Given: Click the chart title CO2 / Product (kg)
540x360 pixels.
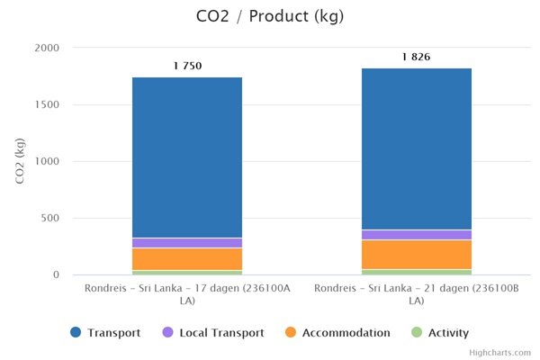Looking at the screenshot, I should point(269,16).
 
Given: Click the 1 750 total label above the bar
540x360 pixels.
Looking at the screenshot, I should point(187,66).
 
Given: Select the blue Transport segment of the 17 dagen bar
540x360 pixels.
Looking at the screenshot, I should point(187,157).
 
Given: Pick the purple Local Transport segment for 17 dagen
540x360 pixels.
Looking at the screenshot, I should point(187,243).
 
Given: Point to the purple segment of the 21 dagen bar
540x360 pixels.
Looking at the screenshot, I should point(417,235).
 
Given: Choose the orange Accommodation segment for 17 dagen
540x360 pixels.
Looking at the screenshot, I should point(187,259).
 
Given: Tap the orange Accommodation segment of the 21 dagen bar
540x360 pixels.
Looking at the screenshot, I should point(417,255).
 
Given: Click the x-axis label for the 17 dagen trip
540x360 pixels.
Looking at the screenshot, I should point(187,294).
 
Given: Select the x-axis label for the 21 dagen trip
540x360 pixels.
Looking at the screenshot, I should point(417,294).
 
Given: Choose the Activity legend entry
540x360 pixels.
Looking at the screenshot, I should point(440,333).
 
